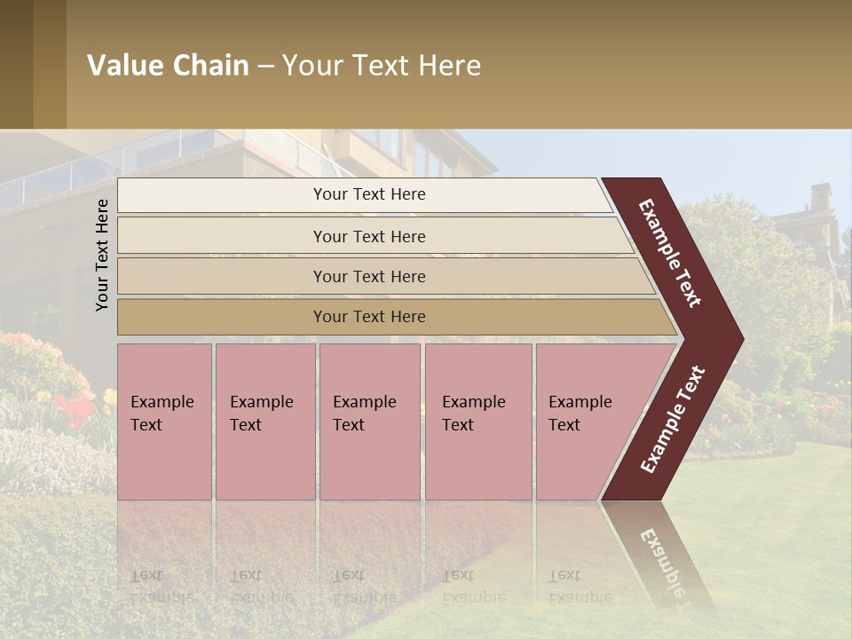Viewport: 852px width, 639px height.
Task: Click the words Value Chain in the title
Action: pyautogui.click(x=168, y=66)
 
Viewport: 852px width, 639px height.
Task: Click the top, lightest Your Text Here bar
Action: pyautogui.click(x=368, y=194)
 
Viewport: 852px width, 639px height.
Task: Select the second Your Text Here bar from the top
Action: pyautogui.click(x=368, y=236)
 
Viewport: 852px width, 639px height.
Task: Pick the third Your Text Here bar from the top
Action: pyautogui.click(x=368, y=276)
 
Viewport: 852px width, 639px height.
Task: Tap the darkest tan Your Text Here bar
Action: pyautogui.click(x=368, y=317)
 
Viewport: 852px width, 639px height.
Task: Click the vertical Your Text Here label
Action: pyautogui.click(x=102, y=255)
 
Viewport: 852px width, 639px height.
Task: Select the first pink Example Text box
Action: pyautogui.click(x=164, y=421)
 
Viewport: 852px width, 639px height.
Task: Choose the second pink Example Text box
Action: pyautogui.click(x=264, y=421)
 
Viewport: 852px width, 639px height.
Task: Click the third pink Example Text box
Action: pyautogui.click(x=369, y=421)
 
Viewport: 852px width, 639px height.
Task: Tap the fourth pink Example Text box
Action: pyautogui.click(x=477, y=421)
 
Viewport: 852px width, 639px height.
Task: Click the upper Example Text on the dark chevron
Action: pyautogui.click(x=670, y=253)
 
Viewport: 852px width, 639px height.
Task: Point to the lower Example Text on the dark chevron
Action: pyautogui.click(x=673, y=420)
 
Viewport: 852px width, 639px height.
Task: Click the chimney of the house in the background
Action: pyautogui.click(x=820, y=198)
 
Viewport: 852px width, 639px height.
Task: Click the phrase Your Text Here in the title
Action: pyautogui.click(x=382, y=66)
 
